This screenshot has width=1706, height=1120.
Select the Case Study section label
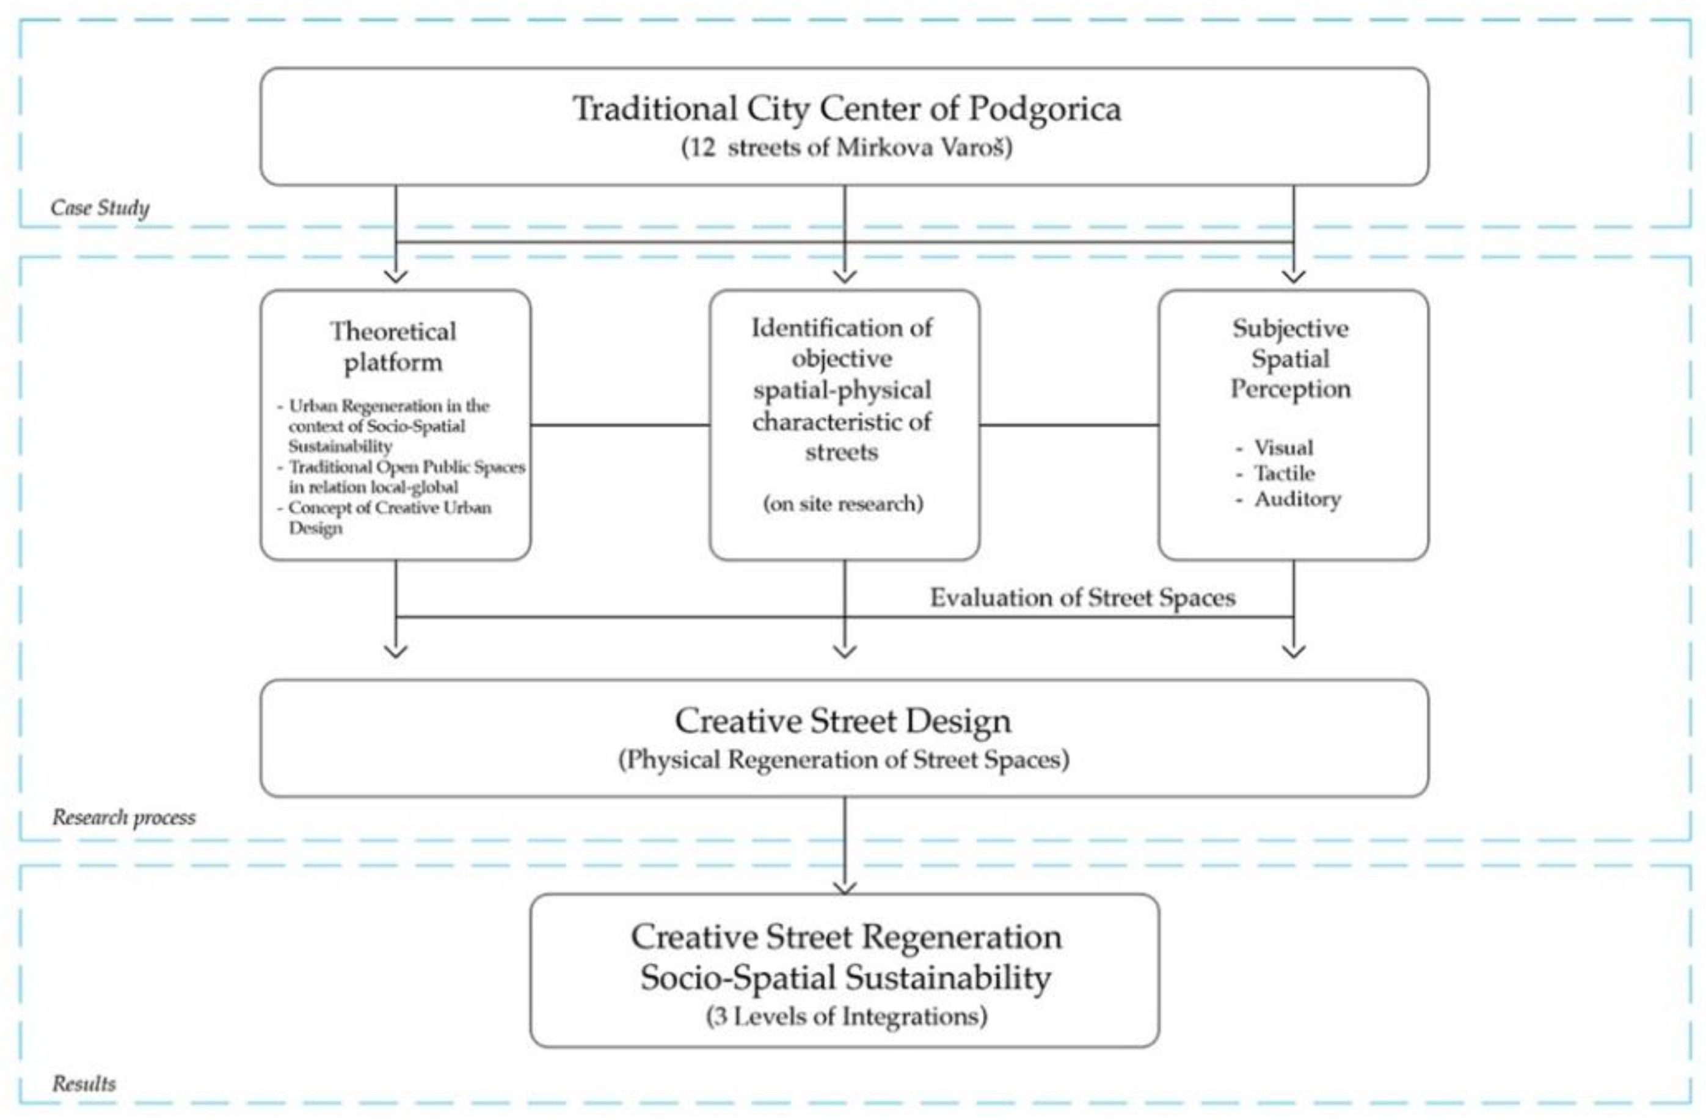coord(100,208)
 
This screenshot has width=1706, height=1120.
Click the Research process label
coord(123,817)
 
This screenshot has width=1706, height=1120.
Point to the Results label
coord(84,1083)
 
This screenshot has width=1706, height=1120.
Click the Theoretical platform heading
coord(393,347)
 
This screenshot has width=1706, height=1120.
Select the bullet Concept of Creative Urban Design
coord(388,517)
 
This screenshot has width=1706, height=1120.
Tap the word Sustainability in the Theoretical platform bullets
coord(340,446)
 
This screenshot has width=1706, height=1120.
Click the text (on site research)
coord(843,503)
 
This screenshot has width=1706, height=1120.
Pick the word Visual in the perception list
coord(1283,447)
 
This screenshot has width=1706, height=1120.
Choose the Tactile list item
coord(1284,474)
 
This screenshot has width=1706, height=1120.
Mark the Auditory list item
coord(1297,499)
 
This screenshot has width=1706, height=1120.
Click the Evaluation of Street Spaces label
coord(1082,598)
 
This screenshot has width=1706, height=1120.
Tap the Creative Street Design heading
coord(843,720)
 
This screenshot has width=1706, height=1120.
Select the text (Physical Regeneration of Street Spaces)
coord(843,759)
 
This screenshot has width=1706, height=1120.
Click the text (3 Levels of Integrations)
coord(846,1016)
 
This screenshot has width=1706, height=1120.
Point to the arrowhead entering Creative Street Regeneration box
coord(845,888)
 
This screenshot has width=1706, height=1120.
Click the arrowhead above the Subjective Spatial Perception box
coord(1293,276)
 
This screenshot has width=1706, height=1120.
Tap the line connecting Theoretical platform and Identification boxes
coord(620,425)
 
